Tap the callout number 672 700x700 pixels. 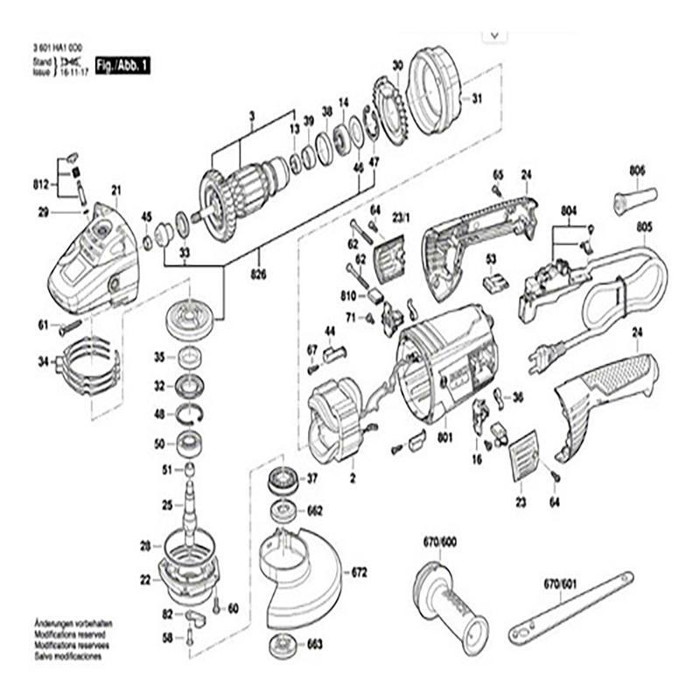[x=360, y=574]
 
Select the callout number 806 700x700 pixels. [x=636, y=171]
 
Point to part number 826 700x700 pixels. [x=259, y=274]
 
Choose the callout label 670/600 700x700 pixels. [x=439, y=542]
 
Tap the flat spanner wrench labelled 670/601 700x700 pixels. [x=573, y=605]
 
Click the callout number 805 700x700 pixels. [x=645, y=227]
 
